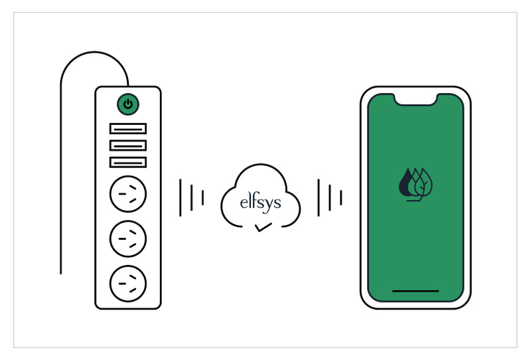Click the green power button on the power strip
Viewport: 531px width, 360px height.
(128, 104)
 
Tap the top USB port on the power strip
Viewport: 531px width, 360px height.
(128, 129)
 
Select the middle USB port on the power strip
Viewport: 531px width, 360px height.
(128, 145)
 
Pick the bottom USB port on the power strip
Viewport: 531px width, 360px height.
(128, 162)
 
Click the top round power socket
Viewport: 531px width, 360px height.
(128, 194)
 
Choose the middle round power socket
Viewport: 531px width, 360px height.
(128, 238)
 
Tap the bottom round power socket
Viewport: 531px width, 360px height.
(128, 284)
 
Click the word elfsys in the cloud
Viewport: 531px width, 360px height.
(260, 203)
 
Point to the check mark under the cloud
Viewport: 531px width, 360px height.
(264, 227)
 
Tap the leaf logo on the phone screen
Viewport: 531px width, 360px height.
(416, 185)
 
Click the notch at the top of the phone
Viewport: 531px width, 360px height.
(416, 100)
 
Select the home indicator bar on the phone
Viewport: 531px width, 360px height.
(416, 291)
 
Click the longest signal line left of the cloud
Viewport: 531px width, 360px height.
(180, 198)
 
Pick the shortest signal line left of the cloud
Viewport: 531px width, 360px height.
(203, 198)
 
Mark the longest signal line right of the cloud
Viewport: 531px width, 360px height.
(319, 198)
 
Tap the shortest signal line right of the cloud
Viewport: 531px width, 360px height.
(341, 198)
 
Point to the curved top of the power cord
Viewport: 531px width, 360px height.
(94, 52)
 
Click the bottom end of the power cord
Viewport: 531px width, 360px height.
(61, 273)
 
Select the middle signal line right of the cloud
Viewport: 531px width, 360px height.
(330, 198)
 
